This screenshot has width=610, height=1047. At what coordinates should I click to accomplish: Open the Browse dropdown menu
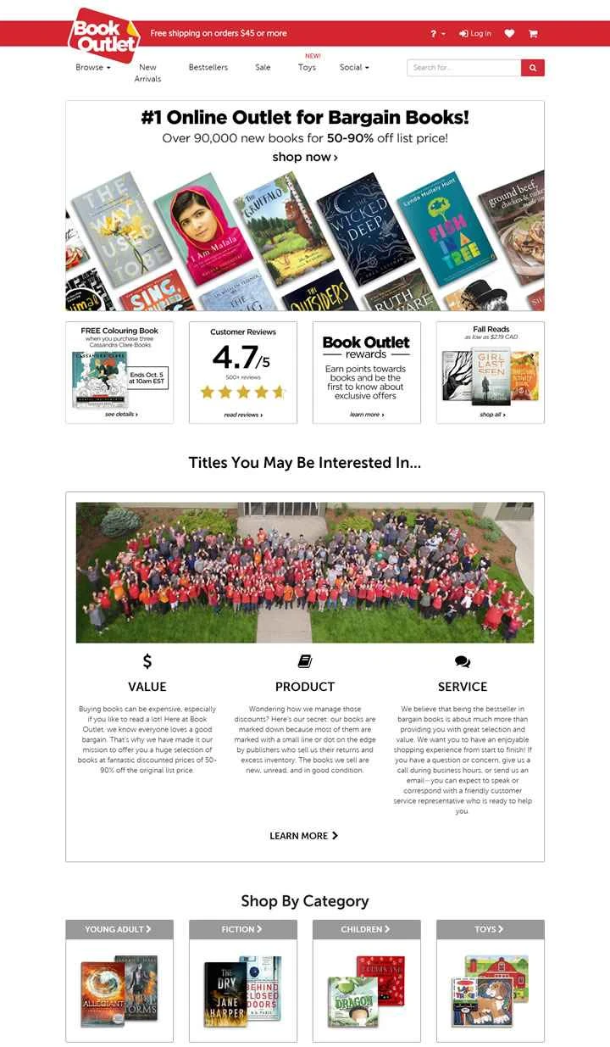(x=92, y=68)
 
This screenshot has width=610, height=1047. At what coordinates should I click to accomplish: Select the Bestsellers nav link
(x=208, y=68)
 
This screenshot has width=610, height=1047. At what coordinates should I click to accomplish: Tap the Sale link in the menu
(x=263, y=68)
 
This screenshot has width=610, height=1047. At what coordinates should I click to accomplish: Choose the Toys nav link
(x=307, y=68)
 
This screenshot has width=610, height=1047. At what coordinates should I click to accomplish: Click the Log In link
(x=475, y=34)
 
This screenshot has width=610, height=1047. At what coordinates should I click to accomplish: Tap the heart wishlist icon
(x=509, y=34)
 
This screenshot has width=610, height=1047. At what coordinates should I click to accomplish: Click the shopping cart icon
(x=533, y=34)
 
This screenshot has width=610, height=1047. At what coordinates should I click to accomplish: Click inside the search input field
(x=463, y=68)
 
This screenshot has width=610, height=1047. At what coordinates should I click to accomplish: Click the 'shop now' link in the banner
(x=305, y=157)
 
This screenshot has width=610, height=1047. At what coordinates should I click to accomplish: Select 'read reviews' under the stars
(x=243, y=415)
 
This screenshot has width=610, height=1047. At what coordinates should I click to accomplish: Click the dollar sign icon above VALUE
(x=147, y=661)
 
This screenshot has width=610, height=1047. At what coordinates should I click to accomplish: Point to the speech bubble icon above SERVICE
(x=463, y=662)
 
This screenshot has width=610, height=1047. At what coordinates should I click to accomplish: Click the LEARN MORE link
(x=304, y=836)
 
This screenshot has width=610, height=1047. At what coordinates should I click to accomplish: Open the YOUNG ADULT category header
(x=119, y=929)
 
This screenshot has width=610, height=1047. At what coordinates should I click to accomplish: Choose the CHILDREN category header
(x=366, y=929)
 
